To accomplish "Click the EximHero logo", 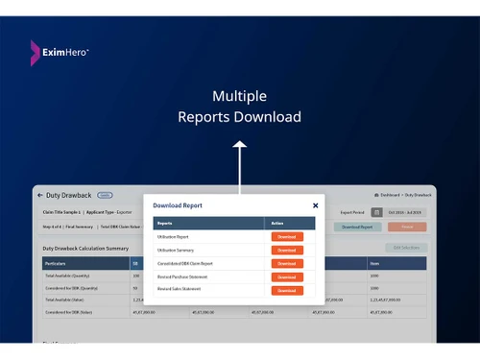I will (60, 48).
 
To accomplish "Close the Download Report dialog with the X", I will (316, 204).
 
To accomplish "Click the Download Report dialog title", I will (178, 205).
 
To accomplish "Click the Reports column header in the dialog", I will (165, 223).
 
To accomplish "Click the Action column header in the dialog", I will (276, 223).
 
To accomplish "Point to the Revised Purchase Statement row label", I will (182, 276).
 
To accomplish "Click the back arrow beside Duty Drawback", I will (41, 195).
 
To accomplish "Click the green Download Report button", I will (356, 228).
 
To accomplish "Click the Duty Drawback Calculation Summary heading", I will (85, 248).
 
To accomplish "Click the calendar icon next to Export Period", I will (377, 212).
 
